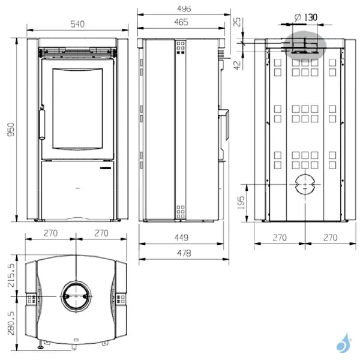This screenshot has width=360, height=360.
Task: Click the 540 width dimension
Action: pos(76,24)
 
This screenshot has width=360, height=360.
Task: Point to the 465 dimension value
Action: pos(181,23)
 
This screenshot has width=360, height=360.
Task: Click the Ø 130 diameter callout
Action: pos(305,17)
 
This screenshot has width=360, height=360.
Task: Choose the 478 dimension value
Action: pos(184,253)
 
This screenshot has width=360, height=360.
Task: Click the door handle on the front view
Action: pos(43,123)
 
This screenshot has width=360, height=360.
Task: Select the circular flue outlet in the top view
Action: pos(76,293)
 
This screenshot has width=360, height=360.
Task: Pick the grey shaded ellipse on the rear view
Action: pos(305,45)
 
